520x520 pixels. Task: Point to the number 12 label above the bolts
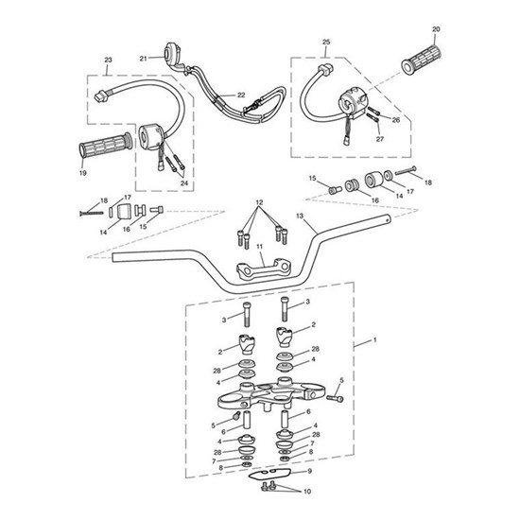257,204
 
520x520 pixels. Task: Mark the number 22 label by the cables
241,95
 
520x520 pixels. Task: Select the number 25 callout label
326,43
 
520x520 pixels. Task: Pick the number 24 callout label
183,183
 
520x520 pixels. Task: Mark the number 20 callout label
436,29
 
